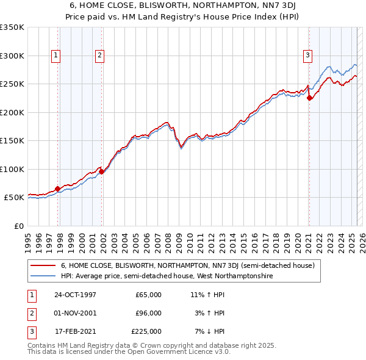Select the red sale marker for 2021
pos(309,98)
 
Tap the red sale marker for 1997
pos(58,189)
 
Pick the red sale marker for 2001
pos(102,171)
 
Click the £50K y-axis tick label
pos(13,198)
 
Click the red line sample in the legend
pos(43,266)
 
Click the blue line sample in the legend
pos(43,276)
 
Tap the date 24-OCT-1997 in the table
pos(75,295)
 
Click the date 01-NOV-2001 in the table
pos(75,313)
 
